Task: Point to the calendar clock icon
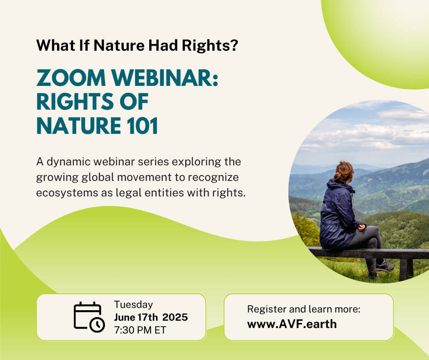click(x=89, y=317)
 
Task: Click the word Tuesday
click(x=133, y=305)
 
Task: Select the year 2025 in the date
click(x=175, y=317)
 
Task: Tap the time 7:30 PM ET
click(x=140, y=330)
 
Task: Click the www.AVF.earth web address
click(x=292, y=324)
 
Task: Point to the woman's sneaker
click(x=385, y=266)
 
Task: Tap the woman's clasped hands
click(x=362, y=226)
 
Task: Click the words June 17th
click(x=136, y=317)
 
